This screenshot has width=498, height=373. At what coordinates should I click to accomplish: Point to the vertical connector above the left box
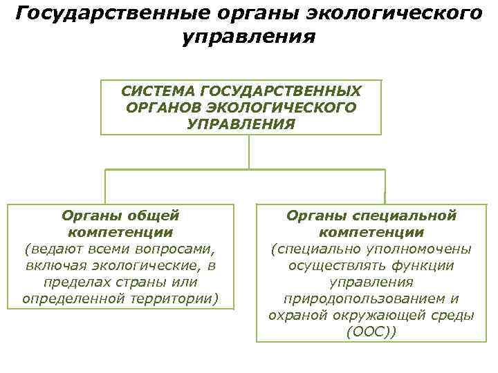[x=105, y=186]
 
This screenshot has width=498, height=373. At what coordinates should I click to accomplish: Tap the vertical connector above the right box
[x=385, y=186]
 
